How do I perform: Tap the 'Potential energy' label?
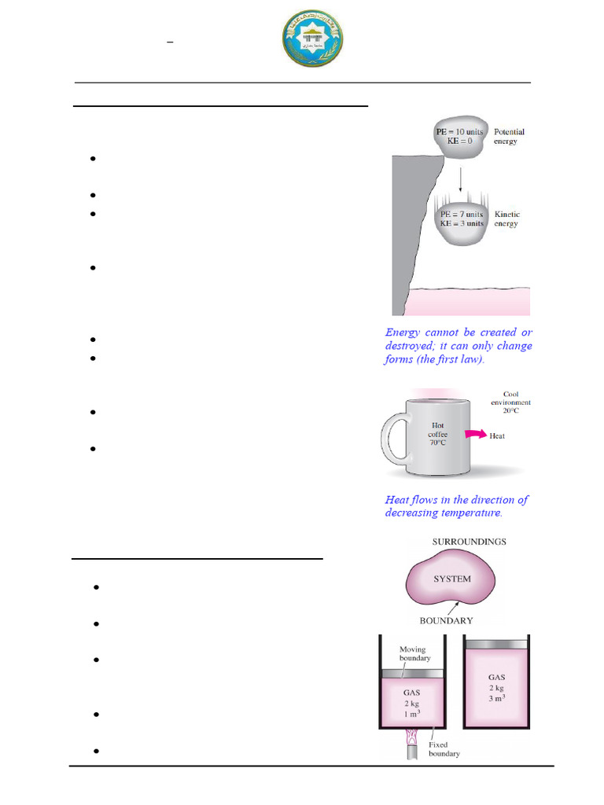pos(509,137)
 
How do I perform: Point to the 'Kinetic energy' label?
pos(507,219)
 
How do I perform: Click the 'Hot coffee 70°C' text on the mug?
pos(437,434)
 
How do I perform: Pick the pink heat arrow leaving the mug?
pos(473,434)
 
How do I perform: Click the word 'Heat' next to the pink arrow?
pos(497,436)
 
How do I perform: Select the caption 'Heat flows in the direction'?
pos(456,506)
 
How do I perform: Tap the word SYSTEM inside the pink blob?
pos(452,579)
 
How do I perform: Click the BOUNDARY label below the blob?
pos(446,620)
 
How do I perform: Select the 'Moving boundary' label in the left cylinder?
pos(414,653)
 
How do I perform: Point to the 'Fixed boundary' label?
pos(444,748)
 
